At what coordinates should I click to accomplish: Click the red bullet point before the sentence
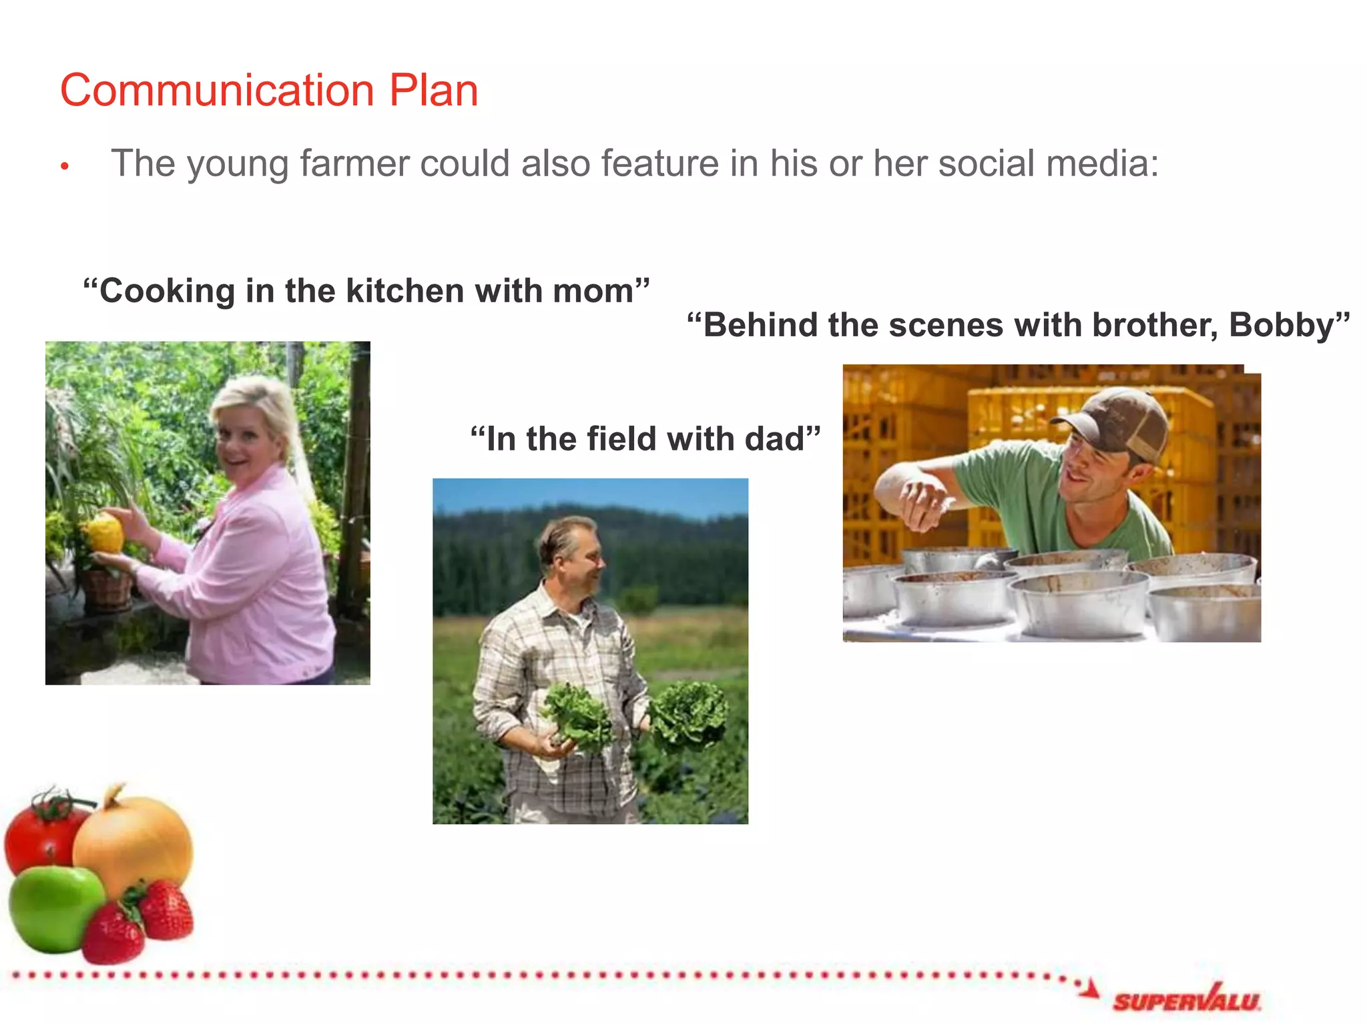[x=65, y=166]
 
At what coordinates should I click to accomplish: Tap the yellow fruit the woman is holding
[x=104, y=533]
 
